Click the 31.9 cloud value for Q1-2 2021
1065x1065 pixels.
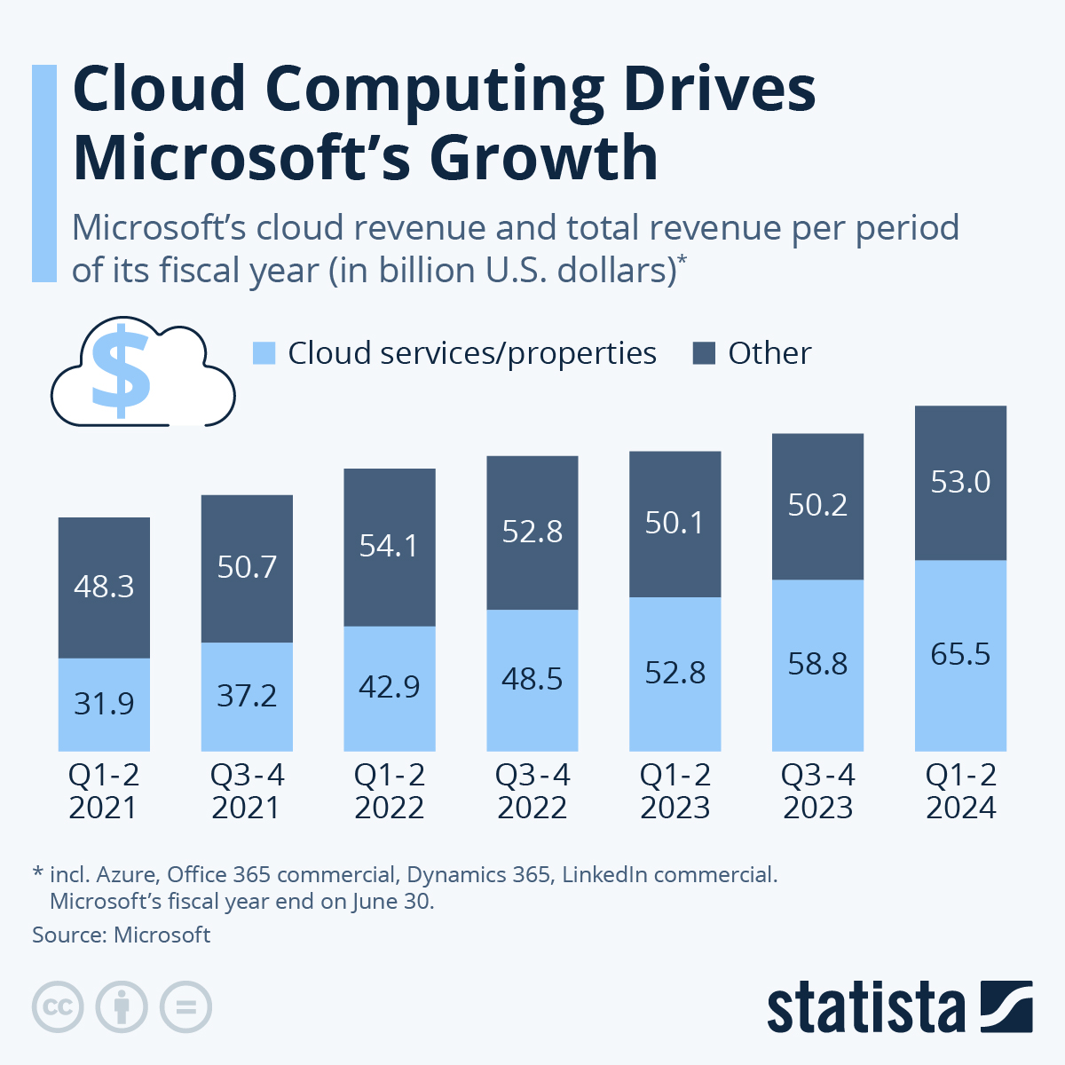pos(104,704)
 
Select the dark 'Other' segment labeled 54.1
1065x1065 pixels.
pos(390,546)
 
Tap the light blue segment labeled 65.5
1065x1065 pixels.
pos(960,655)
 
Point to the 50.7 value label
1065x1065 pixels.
pos(247,567)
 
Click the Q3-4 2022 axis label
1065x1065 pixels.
pos(532,792)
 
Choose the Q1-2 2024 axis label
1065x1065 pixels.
pos(961,792)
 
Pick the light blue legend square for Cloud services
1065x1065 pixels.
pos(264,353)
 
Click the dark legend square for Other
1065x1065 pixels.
pos(704,353)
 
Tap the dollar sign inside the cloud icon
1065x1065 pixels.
pos(122,371)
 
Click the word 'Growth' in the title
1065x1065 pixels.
pos(543,158)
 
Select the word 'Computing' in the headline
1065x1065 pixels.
pos(435,90)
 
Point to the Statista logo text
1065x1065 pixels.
pos(865,1008)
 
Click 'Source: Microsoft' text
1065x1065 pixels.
pos(122,935)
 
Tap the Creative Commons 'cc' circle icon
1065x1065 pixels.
pos(58,1007)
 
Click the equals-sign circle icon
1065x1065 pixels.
pos(185,1007)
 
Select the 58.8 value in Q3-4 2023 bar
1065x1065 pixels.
pos(817,664)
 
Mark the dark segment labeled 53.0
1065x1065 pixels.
pos(960,483)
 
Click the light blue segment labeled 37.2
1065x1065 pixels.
pos(247,696)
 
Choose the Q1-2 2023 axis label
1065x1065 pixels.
pos(675,792)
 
